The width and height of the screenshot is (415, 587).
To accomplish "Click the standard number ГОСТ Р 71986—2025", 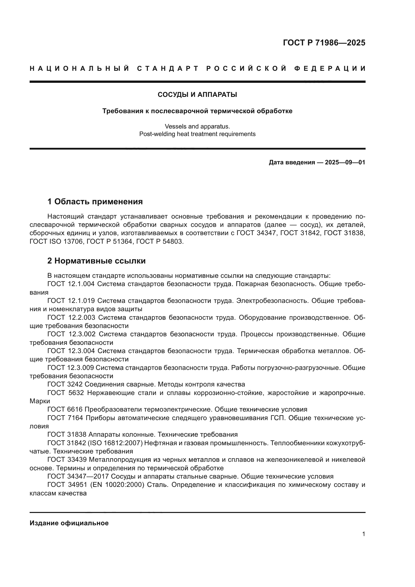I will click(324, 43).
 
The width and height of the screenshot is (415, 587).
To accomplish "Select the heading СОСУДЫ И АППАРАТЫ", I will click(197, 95).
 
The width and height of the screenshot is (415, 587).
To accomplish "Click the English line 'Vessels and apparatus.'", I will click(197, 126).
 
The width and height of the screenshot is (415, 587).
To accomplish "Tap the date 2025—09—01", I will click(345, 162).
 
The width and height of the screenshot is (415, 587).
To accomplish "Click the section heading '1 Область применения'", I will click(95, 202).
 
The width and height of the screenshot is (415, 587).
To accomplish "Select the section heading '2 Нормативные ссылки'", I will click(96, 261).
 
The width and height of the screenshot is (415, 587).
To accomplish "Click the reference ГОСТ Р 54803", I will click(160, 241).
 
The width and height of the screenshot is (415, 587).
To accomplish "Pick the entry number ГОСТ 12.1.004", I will click(71, 284).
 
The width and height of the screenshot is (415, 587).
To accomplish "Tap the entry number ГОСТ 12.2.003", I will click(71, 317).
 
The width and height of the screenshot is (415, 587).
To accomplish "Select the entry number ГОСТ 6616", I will click(65, 409).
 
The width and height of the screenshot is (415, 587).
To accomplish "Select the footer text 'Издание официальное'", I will click(69, 523).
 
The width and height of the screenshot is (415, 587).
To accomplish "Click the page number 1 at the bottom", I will click(363, 534).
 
